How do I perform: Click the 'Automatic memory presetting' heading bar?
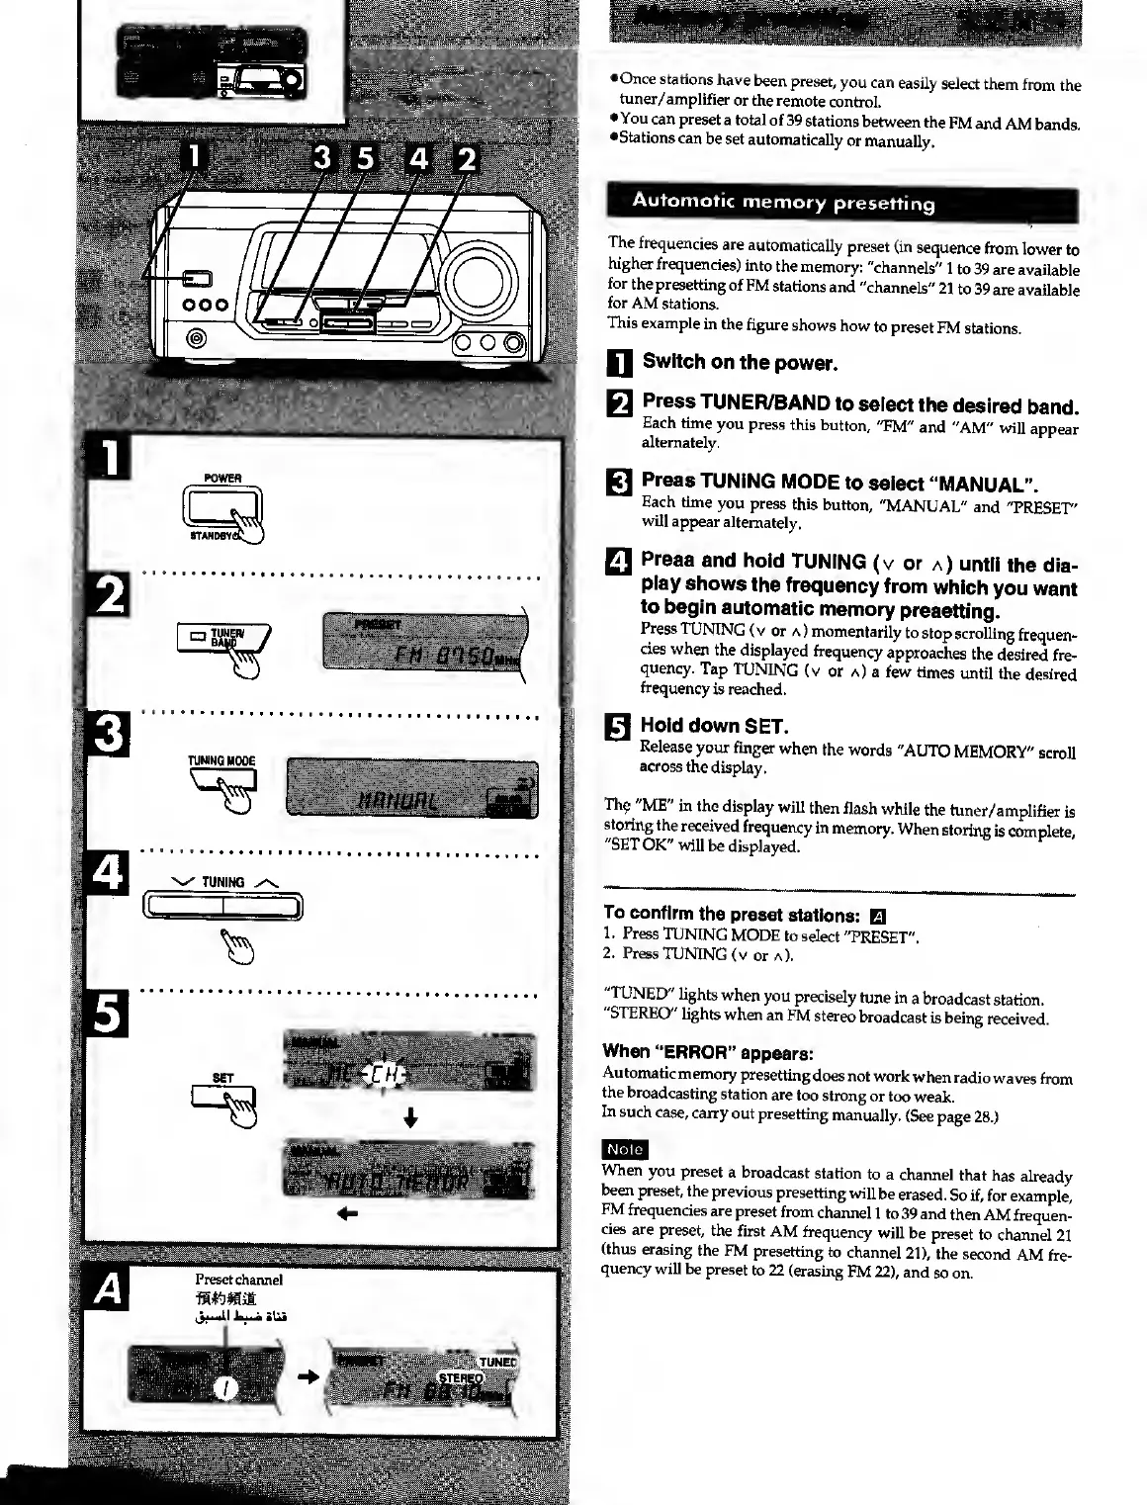pyautogui.click(x=841, y=205)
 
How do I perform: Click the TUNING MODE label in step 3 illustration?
pyautogui.click(x=221, y=760)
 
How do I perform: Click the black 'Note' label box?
pyautogui.click(x=625, y=1149)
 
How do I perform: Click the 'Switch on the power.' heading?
pyautogui.click(x=740, y=362)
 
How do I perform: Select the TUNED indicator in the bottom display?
pyautogui.click(x=496, y=1362)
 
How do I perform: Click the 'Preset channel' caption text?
pyautogui.click(x=238, y=1281)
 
